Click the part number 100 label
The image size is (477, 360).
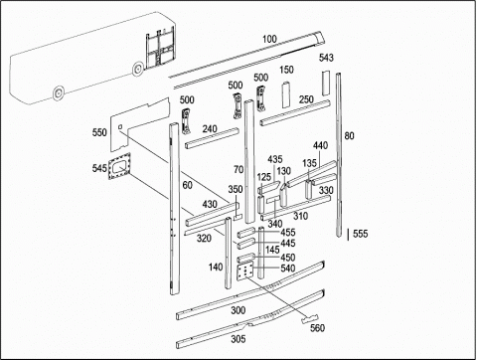pos(269,39)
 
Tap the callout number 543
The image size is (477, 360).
pos(326,58)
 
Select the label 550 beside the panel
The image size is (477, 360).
pos(99,132)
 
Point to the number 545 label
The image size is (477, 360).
pos(99,168)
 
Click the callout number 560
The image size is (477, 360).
pos(317,328)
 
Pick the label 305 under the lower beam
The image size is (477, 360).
pos(238,339)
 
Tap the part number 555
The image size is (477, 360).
pos(361,234)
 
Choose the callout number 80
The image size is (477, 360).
pos(349,136)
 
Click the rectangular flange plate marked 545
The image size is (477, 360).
pos(119,166)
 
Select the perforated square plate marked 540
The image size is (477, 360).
pos(245,270)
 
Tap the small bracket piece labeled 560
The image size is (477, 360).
pos(310,318)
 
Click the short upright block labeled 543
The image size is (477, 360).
pos(326,84)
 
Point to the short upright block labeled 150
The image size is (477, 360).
pos(286,94)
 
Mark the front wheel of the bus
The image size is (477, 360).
pos(137,70)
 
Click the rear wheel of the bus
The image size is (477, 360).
pos(59,93)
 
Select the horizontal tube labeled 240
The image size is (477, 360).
pos(212,138)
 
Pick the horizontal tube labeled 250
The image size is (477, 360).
pos(295,113)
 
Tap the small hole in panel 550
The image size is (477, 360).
pos(120,126)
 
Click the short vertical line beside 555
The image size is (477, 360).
pos(348,235)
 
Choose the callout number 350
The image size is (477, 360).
pos(236,190)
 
